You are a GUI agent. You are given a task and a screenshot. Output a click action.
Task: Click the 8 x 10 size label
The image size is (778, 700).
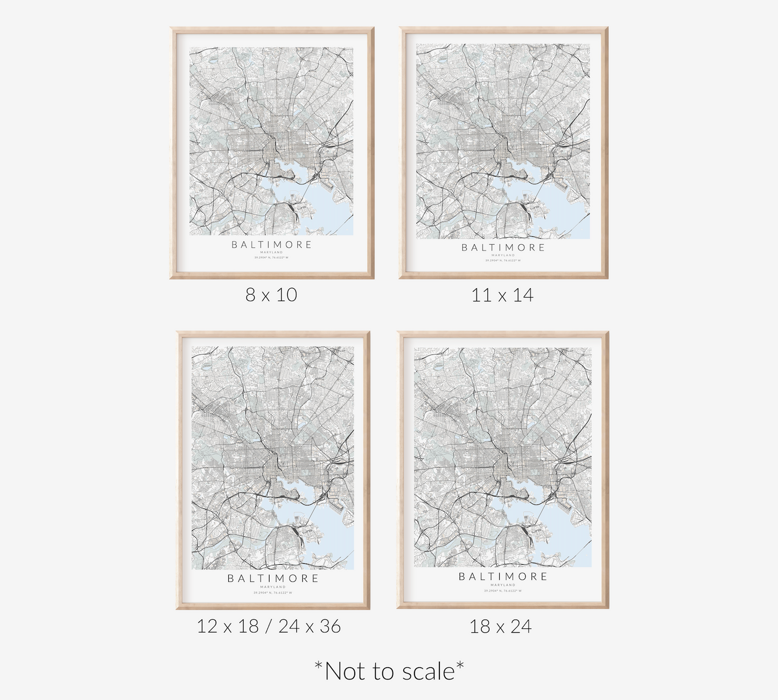[x=271, y=295]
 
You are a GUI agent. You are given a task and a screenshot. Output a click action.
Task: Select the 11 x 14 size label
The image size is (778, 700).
[x=502, y=295]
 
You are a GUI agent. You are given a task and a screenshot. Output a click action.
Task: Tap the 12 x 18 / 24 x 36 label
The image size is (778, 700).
[x=269, y=626]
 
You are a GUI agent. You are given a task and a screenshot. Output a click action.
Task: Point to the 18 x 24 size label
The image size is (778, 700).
[x=500, y=626]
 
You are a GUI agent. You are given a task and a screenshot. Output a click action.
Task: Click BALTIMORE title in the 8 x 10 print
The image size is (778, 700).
[x=272, y=245]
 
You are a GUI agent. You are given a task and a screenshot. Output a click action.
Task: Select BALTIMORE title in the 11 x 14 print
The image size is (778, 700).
[x=503, y=248]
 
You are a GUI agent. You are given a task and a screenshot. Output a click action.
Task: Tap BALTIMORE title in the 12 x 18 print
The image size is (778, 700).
[x=273, y=579]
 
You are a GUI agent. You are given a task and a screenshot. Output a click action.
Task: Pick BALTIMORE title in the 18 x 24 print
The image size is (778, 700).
[x=503, y=577]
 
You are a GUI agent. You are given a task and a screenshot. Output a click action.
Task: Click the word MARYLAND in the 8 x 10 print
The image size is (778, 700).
[x=271, y=252]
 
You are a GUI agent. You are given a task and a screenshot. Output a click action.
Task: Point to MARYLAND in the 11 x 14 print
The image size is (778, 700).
[x=503, y=255]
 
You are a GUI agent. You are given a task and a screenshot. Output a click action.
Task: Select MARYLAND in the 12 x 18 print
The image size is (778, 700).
[x=273, y=587]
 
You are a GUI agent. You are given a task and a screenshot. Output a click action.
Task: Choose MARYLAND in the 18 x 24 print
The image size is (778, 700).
[x=503, y=585]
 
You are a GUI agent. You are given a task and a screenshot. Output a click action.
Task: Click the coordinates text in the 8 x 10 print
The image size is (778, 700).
[x=271, y=258]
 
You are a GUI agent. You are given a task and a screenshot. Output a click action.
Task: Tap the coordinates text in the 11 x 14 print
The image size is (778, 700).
[x=503, y=261]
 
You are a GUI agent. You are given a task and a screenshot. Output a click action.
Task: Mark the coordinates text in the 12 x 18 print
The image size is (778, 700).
[x=273, y=593]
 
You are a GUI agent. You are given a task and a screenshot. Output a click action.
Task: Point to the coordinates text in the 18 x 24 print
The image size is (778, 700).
[x=503, y=591]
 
